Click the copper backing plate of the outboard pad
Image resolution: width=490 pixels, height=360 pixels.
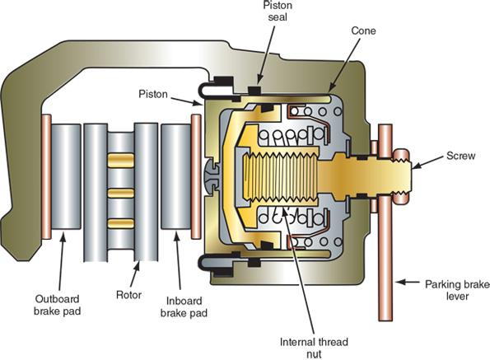[x=45, y=174]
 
